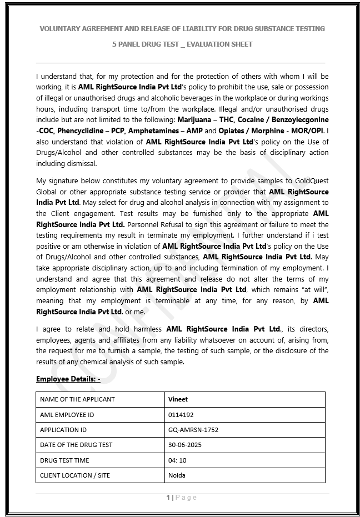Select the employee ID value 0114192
pos(181,415)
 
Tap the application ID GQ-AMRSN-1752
pos(193,430)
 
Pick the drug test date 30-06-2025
pos(185,445)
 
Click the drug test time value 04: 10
pos(177,460)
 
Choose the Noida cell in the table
pos(177,475)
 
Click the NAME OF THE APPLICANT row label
pos(77,399)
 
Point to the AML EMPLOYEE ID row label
pos(67,415)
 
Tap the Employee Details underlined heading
pos(68,379)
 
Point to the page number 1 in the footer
pos(168,498)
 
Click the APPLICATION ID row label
pos(63,430)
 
